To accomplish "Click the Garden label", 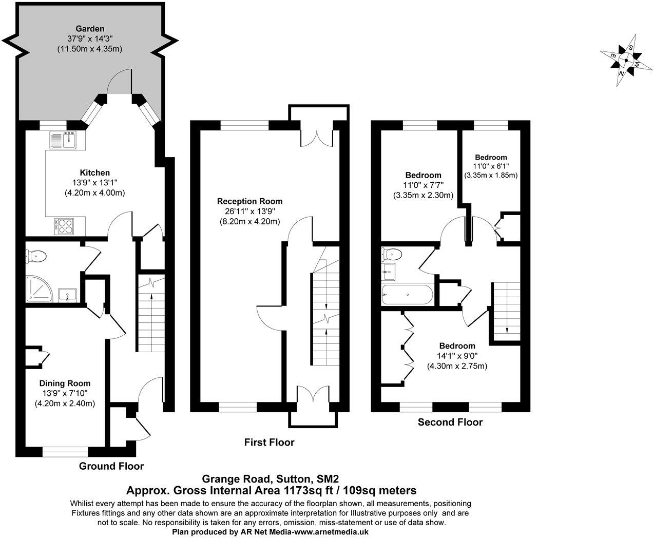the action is pos(90,29).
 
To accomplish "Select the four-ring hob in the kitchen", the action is pos(64,226).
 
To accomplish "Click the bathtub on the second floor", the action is pos(408,295).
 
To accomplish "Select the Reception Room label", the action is pos(249,201).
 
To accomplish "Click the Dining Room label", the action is pos(65,383).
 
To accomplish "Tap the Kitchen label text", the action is pos(94,172).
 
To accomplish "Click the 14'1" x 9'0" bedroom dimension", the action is pos(457,356).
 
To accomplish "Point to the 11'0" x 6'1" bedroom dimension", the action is pos(491,166).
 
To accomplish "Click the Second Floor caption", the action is pos(450,422).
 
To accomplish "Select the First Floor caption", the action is pos(269,442).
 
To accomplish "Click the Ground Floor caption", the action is pos(111,466).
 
